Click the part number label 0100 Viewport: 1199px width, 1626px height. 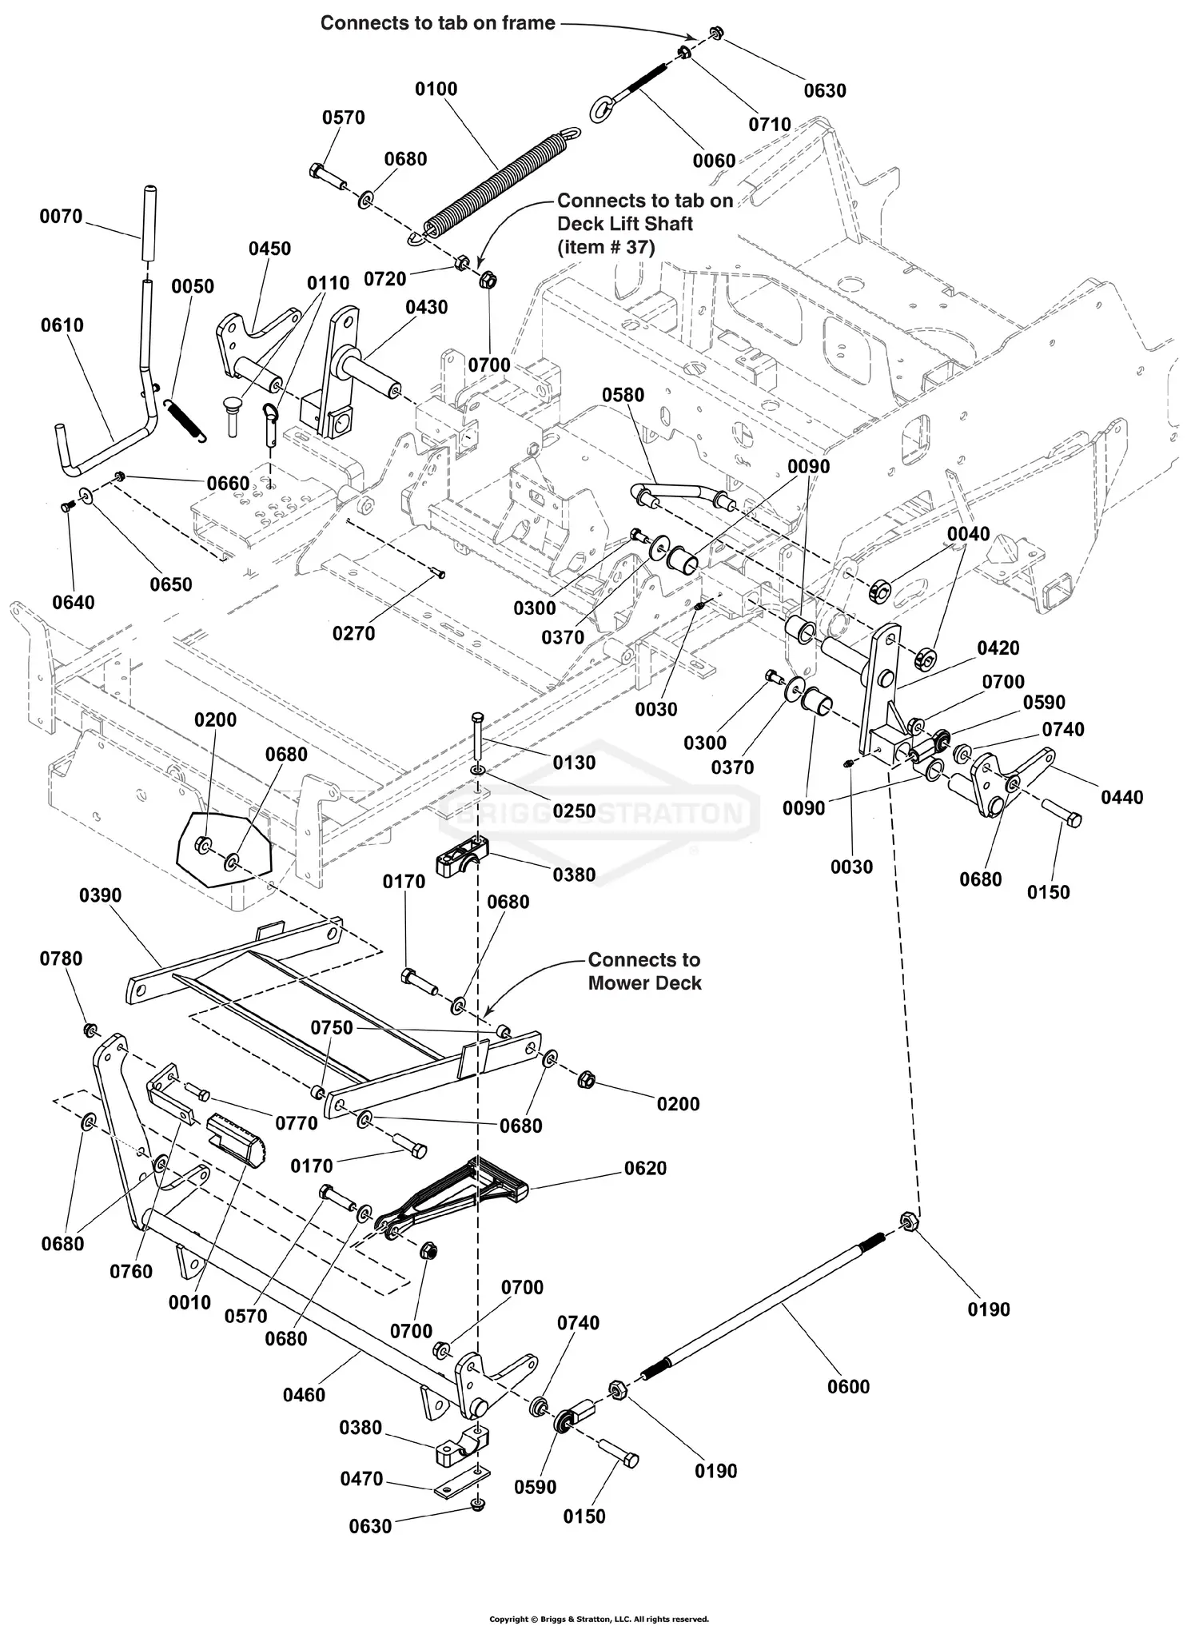(436, 89)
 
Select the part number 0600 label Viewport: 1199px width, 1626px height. (848, 1386)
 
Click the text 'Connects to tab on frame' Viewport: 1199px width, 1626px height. (437, 23)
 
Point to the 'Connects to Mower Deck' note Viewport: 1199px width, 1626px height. (644, 971)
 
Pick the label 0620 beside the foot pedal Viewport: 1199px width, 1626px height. (645, 1168)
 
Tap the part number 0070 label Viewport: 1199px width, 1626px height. (61, 217)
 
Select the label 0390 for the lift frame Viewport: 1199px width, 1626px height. (100, 895)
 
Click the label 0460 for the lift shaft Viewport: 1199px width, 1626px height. (304, 1395)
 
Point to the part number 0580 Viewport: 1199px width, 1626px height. (623, 395)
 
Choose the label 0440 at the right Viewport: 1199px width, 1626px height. (1121, 797)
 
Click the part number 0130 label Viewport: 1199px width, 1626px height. (574, 763)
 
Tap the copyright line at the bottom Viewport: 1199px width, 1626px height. (599, 1619)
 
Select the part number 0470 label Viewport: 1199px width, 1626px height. (361, 1479)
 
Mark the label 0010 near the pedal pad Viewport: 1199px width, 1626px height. (189, 1302)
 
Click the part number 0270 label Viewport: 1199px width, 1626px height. (353, 633)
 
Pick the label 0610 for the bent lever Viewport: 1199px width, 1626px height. (62, 325)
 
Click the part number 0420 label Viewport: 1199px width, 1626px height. (998, 648)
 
